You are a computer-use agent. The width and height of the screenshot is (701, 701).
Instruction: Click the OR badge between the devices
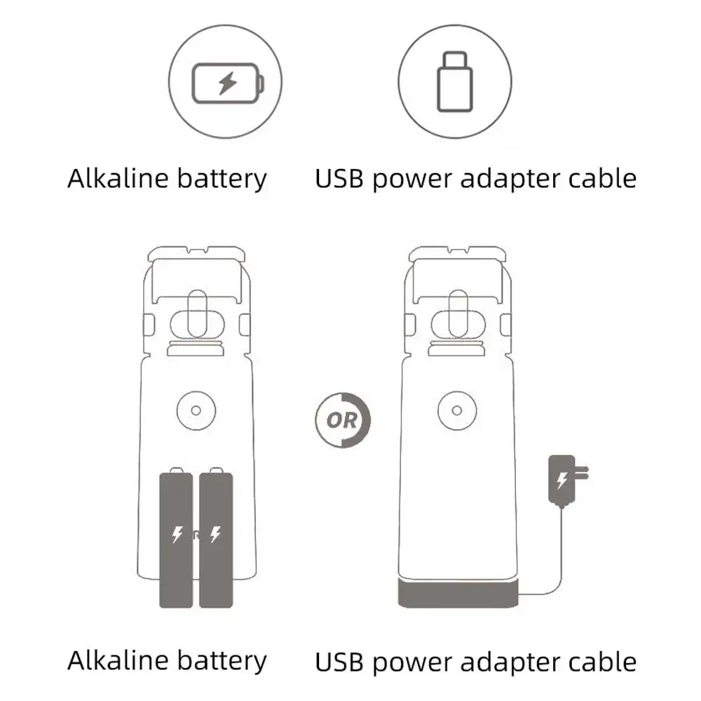pyautogui.click(x=343, y=421)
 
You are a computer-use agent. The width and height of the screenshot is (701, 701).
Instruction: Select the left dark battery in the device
pyautogui.click(x=176, y=538)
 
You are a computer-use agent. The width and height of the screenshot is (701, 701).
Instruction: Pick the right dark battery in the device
pyautogui.click(x=216, y=538)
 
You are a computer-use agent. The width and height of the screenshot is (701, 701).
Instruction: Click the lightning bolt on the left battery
pyautogui.click(x=177, y=535)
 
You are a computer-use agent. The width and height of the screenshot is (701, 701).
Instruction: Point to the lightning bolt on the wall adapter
pyautogui.click(x=561, y=480)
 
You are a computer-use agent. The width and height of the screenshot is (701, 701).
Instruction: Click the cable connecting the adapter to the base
pyautogui.click(x=557, y=561)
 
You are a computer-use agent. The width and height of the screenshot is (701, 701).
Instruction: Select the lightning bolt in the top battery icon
pyautogui.click(x=226, y=83)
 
